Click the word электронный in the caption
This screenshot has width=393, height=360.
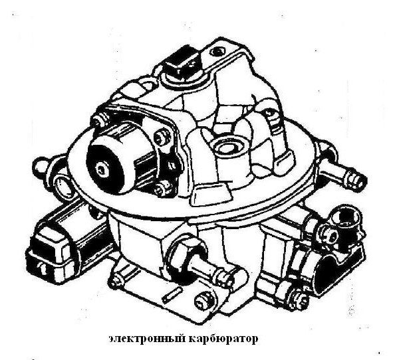pyautogui.click(x=147, y=339)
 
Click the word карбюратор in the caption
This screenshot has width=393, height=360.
pyautogui.click(x=223, y=339)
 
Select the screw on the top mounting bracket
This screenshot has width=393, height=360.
pyautogui.click(x=217, y=52)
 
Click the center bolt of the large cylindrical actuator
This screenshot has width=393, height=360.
pyautogui.click(x=101, y=169)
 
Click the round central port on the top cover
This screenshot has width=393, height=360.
pyautogui.click(x=227, y=147)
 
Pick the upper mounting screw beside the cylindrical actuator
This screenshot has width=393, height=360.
pyautogui.click(x=161, y=137)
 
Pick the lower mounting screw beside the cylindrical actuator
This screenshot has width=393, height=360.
pyautogui.click(x=160, y=189)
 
